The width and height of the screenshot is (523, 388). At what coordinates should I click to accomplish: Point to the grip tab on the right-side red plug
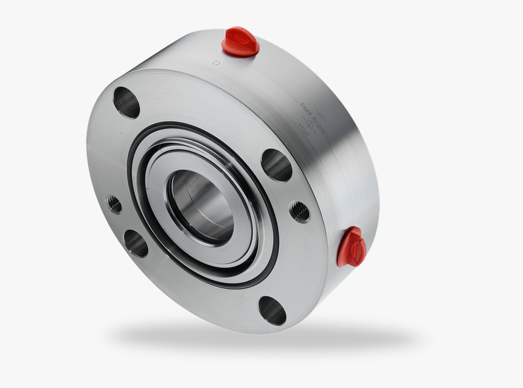[355, 242]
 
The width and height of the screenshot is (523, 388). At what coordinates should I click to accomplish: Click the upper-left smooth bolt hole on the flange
[126, 102]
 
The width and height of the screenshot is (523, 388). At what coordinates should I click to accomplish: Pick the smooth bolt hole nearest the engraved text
[277, 165]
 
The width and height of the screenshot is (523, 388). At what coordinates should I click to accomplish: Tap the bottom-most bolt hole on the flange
[272, 310]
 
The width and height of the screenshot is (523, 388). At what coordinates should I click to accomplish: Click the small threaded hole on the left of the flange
[114, 204]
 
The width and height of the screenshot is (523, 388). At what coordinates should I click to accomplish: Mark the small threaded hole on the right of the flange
[299, 212]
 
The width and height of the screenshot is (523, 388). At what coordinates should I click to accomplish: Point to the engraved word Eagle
[305, 110]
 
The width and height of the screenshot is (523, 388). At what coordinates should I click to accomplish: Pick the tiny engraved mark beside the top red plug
[216, 62]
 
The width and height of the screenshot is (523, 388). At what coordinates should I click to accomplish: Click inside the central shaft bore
[201, 203]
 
